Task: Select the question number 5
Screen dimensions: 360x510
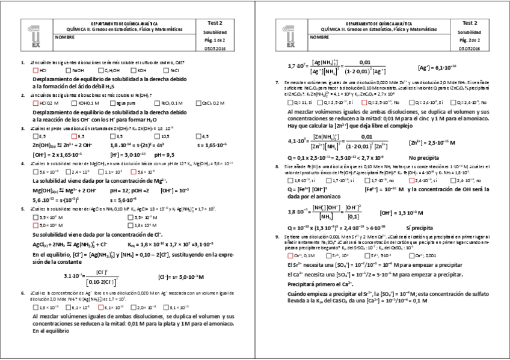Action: (22, 209)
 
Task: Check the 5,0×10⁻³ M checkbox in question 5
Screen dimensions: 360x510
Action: (35, 224)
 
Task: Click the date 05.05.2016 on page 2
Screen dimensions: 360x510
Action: (470, 47)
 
